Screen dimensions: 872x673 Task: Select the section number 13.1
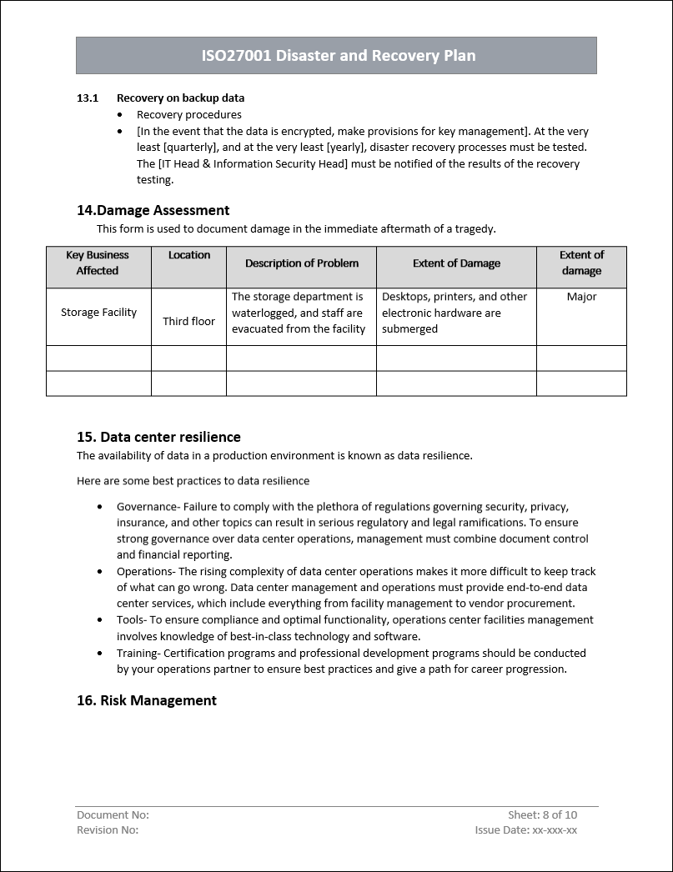tap(88, 98)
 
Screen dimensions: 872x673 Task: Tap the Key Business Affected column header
tap(98, 263)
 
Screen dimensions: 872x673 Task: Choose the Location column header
tap(189, 255)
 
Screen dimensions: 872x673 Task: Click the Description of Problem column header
tap(301, 263)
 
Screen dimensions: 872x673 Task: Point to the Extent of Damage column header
tap(456, 263)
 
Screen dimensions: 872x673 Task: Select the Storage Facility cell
tap(98, 313)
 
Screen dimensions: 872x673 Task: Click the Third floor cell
tap(188, 321)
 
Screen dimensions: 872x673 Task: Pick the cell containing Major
tap(581, 297)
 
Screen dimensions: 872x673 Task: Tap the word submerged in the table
tap(409, 329)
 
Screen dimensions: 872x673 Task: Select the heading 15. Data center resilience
tap(158, 437)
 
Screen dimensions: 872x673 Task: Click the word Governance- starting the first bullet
tap(148, 507)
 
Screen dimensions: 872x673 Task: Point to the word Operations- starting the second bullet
tap(146, 572)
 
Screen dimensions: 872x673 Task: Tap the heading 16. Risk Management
tap(146, 700)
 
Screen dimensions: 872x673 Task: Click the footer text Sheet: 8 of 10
tap(542, 814)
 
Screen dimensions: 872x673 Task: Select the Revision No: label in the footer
tap(108, 829)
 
